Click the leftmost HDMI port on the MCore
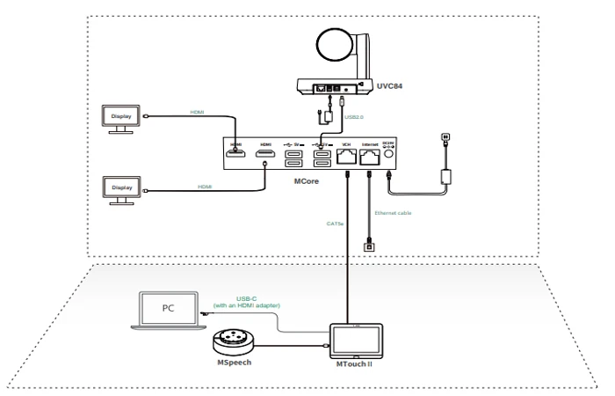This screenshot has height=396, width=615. tap(236, 158)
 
